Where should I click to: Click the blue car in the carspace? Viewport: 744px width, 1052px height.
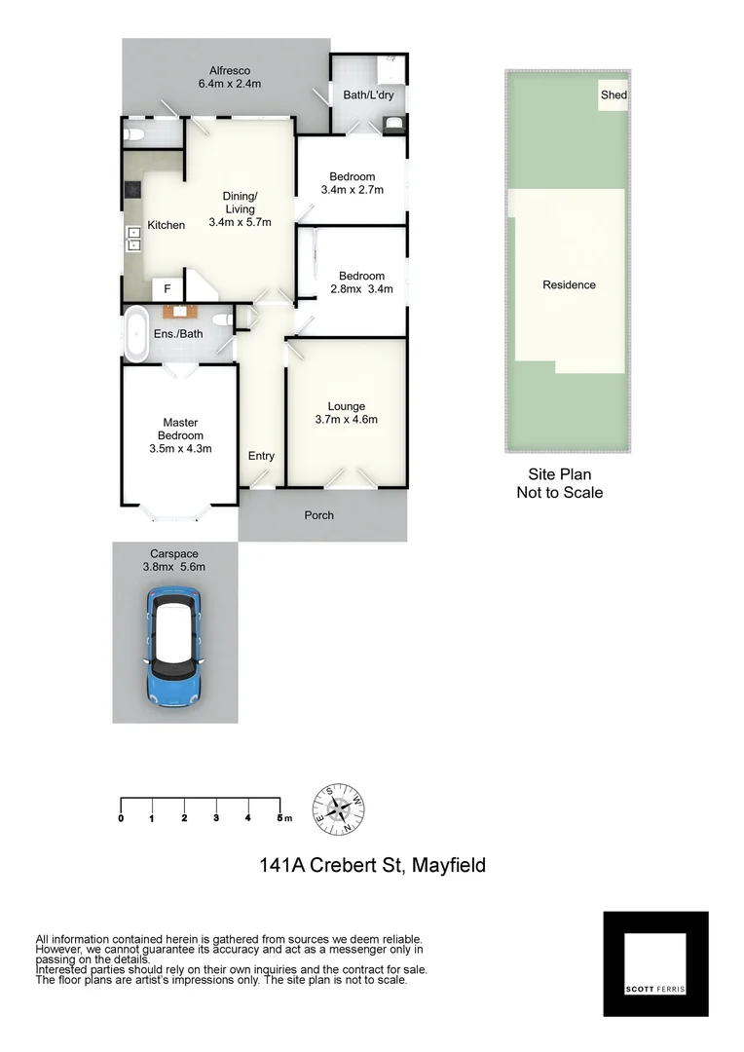pos(174,646)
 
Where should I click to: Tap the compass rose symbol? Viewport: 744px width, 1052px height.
pos(338,808)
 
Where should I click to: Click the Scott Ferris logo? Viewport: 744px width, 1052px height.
pos(655,964)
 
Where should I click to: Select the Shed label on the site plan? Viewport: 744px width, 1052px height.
pos(614,95)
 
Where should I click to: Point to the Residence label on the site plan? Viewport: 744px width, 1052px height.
pos(569,285)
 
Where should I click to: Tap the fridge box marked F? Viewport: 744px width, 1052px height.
pos(167,289)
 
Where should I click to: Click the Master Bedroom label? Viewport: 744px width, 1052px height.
pos(180,435)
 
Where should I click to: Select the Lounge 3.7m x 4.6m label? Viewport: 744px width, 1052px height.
pos(346,413)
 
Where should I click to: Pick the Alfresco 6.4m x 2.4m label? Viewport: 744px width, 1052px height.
pos(230,77)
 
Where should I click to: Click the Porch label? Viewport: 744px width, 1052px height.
pos(318,515)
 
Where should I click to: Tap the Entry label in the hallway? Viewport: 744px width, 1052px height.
pos(261,456)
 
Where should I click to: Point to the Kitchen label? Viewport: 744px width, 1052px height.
pos(167,225)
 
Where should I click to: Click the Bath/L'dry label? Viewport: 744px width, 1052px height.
pos(367,94)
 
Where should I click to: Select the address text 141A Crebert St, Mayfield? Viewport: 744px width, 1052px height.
pos(372,864)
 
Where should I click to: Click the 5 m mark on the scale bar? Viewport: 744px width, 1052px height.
pos(281,817)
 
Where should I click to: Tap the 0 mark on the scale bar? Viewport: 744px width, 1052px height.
pos(121,817)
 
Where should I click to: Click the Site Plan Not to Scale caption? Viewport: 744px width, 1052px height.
pos(559,483)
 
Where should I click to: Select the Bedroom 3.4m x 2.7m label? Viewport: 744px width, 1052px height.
pos(352,183)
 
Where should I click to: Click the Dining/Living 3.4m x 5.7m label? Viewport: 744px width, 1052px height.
pos(240,208)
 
